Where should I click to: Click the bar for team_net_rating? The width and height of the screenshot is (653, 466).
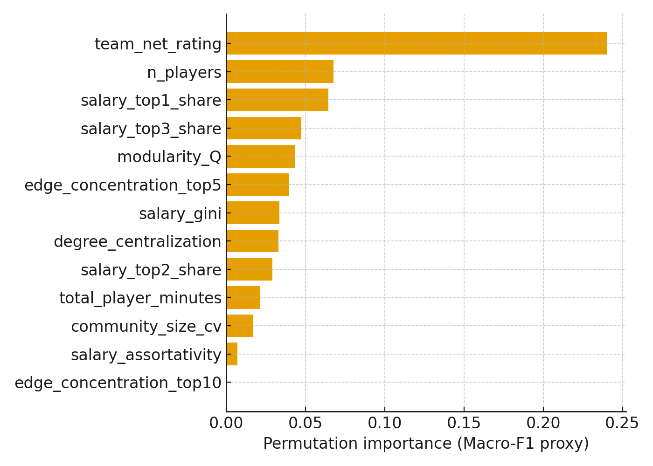point(417,43)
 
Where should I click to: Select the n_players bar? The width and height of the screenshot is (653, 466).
point(280,72)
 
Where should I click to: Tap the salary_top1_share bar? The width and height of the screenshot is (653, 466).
point(278,100)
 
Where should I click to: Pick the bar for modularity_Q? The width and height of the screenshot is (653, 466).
point(261,156)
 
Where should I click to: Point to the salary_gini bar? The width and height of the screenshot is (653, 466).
point(253,213)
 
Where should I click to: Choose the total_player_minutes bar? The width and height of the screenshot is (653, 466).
point(243,297)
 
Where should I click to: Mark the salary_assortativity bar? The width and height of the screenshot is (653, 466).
point(232,354)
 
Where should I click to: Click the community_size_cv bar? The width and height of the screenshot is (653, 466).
point(240,326)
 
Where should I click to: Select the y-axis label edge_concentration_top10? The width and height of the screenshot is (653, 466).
point(118,383)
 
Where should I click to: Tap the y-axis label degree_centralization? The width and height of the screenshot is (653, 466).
point(138,241)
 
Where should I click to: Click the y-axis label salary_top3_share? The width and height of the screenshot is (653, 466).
point(151,129)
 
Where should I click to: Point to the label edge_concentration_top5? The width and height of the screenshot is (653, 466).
point(123,185)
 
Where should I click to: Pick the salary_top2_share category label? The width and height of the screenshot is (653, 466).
point(151,270)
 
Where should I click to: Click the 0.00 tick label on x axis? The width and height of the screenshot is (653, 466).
point(226,423)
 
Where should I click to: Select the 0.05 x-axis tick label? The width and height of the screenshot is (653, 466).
point(306,423)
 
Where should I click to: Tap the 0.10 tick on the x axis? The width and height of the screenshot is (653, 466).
point(385,423)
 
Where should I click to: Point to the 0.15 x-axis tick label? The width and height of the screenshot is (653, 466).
point(464,423)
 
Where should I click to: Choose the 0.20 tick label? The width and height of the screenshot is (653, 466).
point(543,423)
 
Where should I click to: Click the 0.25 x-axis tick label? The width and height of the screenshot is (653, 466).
point(623,423)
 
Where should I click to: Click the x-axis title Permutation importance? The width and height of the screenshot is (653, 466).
point(426,444)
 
